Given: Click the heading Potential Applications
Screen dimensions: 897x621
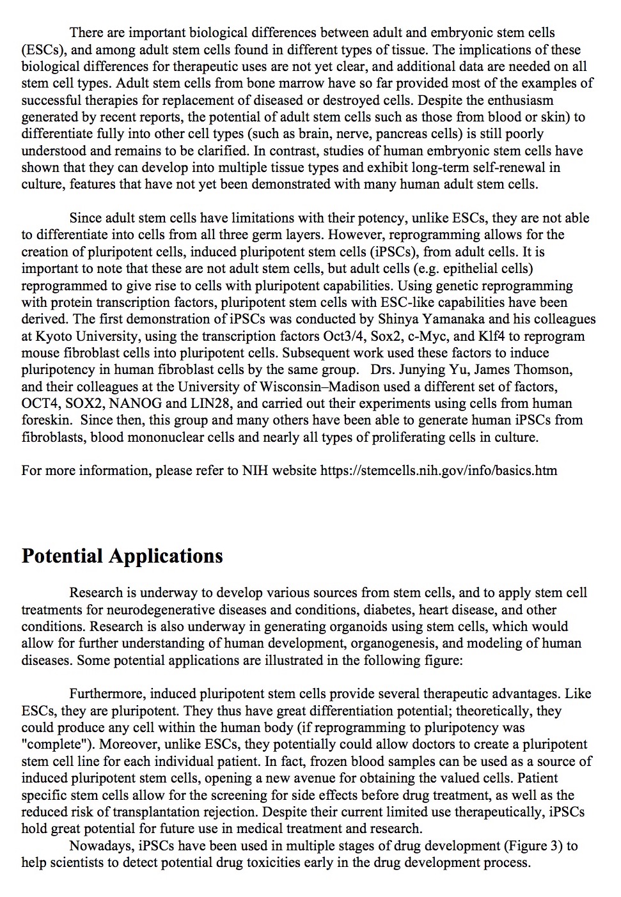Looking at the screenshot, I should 122,556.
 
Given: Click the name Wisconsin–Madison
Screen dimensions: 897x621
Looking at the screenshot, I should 320,387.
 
